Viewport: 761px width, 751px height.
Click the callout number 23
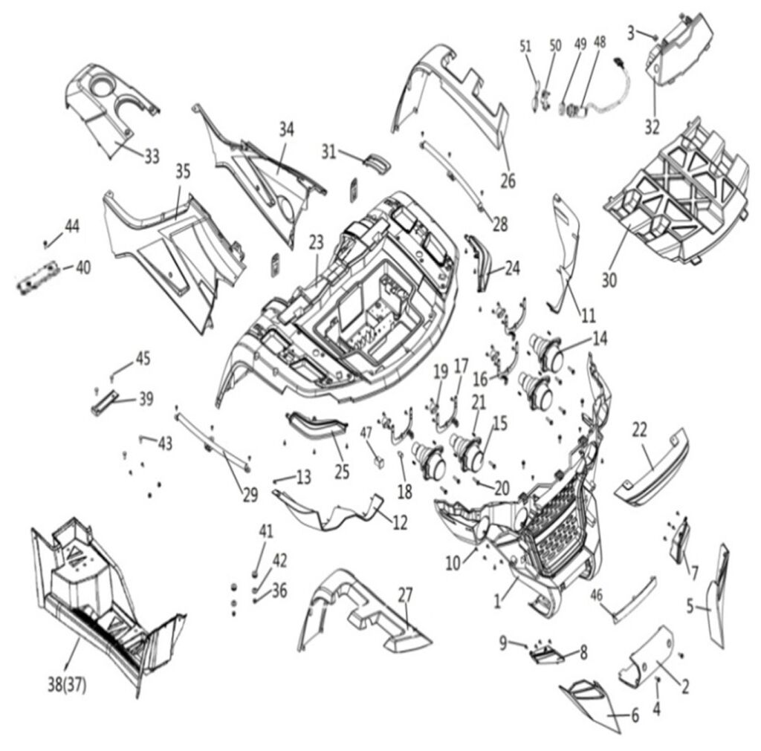tap(317, 243)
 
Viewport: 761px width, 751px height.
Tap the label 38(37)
tap(67, 685)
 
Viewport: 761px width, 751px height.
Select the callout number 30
tap(609, 280)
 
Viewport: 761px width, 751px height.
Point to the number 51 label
tap(525, 47)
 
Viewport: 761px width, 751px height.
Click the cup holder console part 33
tap(111, 108)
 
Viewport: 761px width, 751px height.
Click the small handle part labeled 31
tap(378, 161)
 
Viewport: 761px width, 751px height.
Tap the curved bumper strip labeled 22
tap(651, 466)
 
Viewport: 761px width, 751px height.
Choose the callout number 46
tap(597, 594)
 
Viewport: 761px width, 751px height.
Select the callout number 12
tap(400, 522)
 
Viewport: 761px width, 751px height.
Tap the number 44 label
tap(72, 226)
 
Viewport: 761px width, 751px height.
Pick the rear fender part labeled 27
tap(365, 611)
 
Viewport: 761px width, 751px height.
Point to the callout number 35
tap(183, 172)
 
